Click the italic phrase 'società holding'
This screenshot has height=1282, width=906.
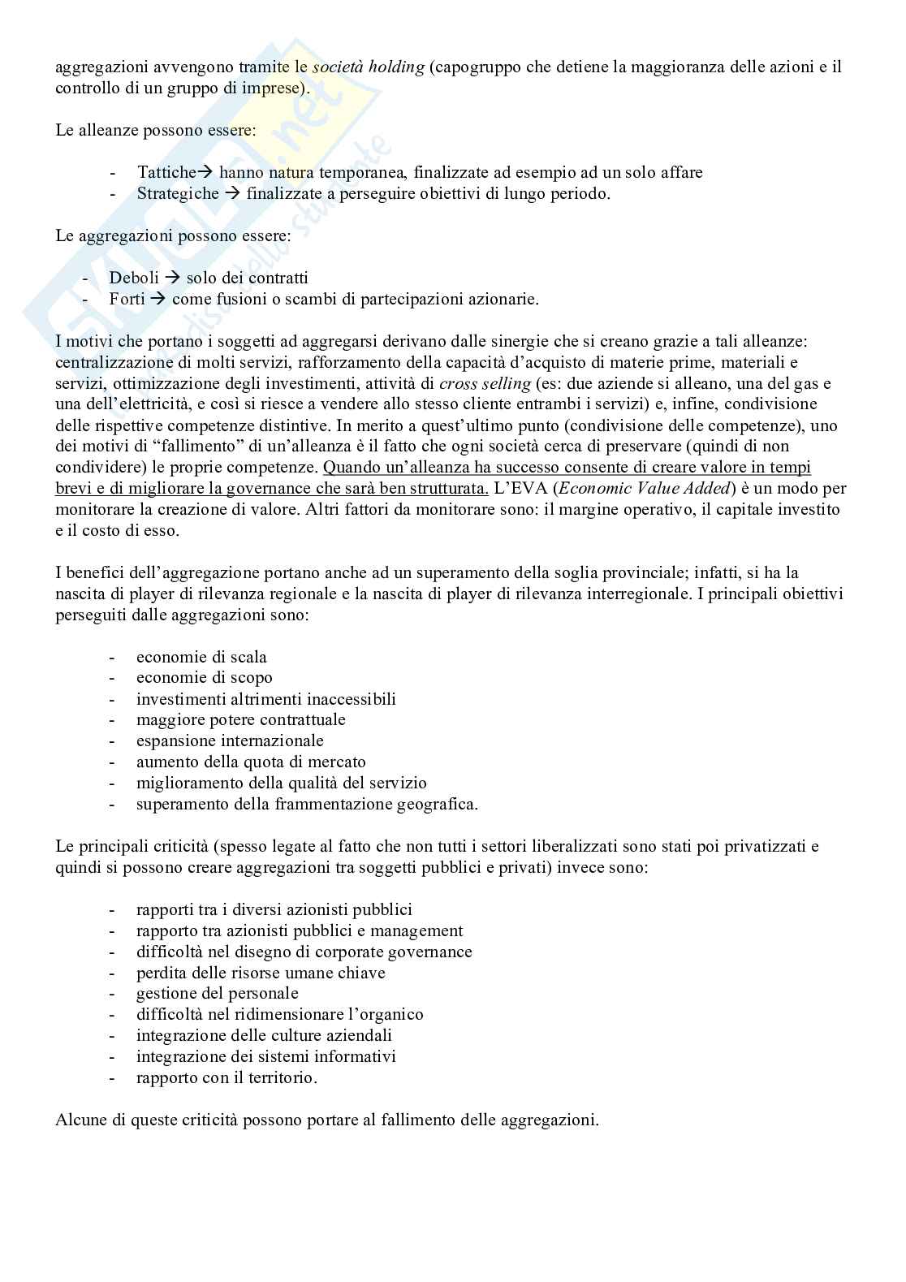[368, 67]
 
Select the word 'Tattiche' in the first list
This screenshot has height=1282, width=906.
[166, 172]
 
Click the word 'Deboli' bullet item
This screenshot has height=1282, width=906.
[134, 278]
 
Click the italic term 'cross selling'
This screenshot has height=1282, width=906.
[485, 383]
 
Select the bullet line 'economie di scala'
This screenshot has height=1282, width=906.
[201, 657]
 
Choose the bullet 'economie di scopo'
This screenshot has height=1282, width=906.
[204, 678]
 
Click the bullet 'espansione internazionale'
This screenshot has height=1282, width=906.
[230, 741]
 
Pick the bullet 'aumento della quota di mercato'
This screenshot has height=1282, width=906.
[251, 762]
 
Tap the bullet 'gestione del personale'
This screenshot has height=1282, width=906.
[218, 994]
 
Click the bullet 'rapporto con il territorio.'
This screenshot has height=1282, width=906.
[226, 1078]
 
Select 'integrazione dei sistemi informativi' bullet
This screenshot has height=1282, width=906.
[265, 1057]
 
